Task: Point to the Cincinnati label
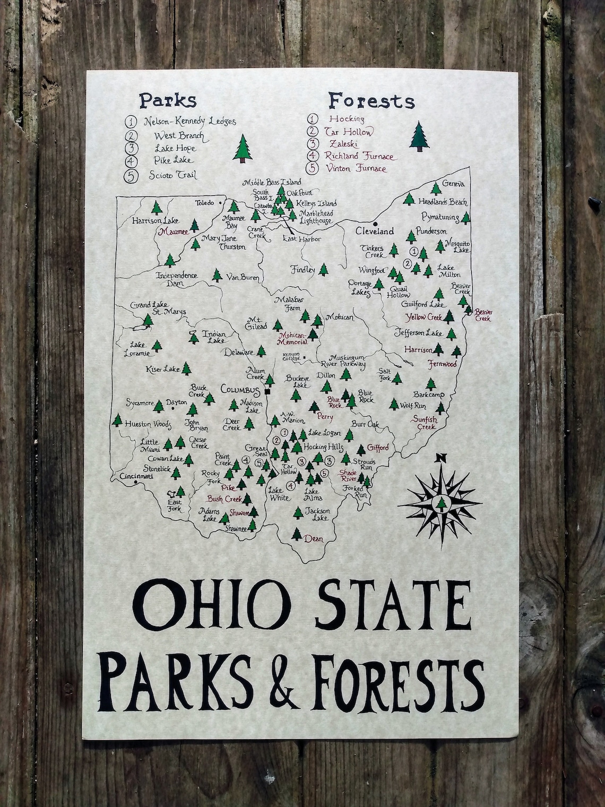[x=136, y=476]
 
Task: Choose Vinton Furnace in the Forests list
[x=357, y=169]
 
